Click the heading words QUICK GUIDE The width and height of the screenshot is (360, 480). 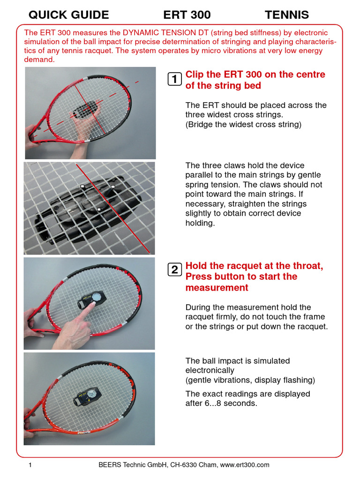tap(68, 15)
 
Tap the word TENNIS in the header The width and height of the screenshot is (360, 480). tap(287, 15)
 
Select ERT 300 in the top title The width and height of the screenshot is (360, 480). tap(187, 15)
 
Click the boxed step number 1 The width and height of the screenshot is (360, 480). tap(174, 80)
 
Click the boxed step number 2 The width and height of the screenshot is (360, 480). tap(174, 270)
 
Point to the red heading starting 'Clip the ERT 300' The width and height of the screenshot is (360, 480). tap(255, 80)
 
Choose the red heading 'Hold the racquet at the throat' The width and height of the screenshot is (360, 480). tap(254, 266)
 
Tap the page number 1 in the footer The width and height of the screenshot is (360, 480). tap(30, 465)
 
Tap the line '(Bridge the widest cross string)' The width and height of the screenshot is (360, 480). tap(243, 124)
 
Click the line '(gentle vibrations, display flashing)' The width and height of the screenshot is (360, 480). tap(250, 380)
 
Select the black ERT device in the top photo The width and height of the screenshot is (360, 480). tap(86, 109)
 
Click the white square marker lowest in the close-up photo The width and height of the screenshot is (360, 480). tap(98, 209)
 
